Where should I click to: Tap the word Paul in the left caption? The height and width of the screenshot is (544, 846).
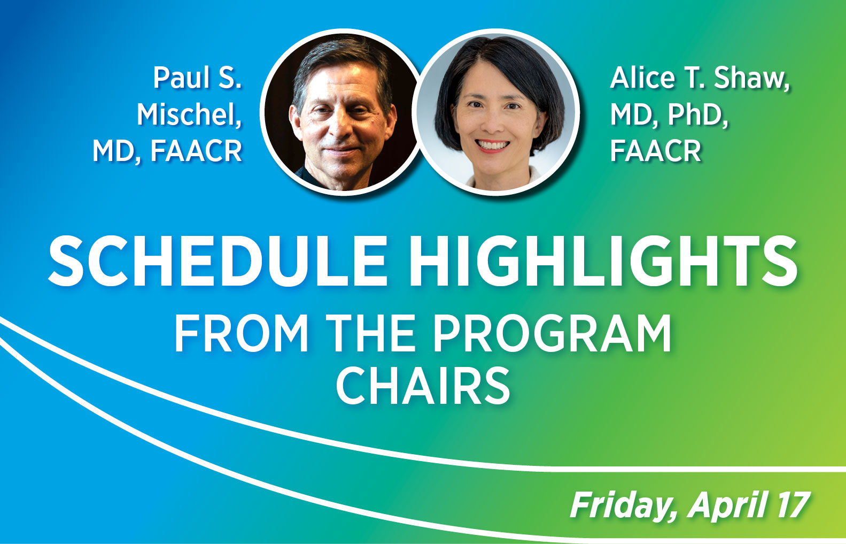tap(181, 78)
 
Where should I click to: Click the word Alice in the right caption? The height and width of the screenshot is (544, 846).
tap(643, 78)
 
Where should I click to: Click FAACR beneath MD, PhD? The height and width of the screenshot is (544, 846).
tap(655, 151)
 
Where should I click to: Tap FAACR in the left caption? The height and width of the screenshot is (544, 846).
tap(196, 151)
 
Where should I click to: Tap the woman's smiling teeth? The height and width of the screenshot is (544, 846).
tap(492, 145)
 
